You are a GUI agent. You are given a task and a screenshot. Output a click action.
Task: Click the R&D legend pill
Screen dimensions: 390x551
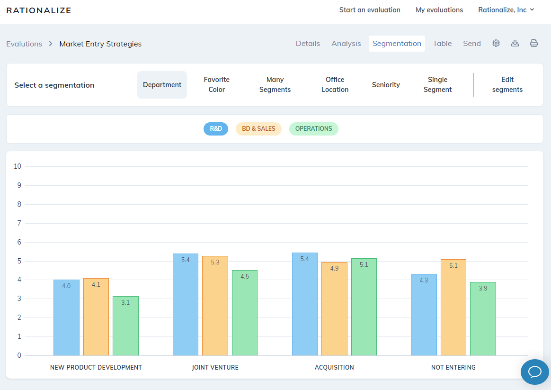[216, 129]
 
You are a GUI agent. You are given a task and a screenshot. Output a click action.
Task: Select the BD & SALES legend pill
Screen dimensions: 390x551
[258, 129]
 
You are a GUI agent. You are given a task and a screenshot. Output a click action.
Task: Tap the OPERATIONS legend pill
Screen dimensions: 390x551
[313, 129]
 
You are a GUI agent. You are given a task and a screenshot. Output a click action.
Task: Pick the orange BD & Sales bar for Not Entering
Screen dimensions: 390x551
[453, 308]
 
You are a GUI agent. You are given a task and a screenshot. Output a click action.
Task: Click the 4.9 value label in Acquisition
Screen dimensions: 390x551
[334, 269]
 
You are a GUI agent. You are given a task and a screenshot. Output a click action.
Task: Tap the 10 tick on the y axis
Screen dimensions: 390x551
[18, 166]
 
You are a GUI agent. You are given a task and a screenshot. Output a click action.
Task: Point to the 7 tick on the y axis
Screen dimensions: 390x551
[19, 223]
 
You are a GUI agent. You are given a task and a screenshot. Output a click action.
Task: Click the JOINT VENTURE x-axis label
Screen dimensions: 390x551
[215, 367]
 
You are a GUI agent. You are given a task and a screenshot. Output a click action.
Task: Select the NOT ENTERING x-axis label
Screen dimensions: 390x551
[453, 367]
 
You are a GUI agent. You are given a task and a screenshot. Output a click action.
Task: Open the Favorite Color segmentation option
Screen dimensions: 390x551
[217, 85]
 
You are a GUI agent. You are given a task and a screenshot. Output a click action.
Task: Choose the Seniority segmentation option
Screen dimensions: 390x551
[386, 85]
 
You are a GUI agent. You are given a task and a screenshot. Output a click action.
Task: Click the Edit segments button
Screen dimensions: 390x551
[507, 85]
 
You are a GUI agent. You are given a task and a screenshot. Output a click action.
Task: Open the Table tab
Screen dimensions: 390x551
[442, 44]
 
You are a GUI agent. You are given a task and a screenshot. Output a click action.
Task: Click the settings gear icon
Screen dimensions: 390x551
[496, 44]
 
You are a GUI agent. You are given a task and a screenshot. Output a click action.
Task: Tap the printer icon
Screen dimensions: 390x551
[534, 44]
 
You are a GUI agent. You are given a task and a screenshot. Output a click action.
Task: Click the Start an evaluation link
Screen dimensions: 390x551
[370, 10]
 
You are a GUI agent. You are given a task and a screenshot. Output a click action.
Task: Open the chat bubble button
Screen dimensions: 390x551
[534, 372]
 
